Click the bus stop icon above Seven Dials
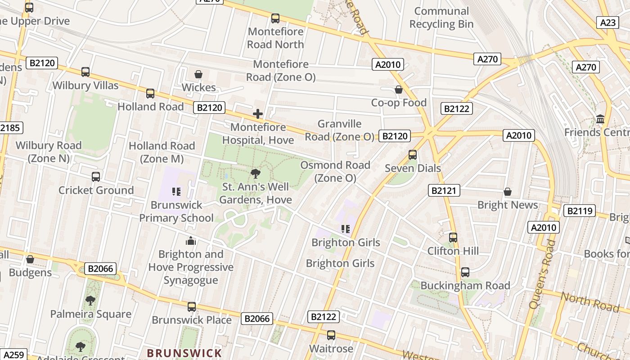(x=413, y=155)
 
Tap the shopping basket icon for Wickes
(x=198, y=74)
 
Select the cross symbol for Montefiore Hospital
(x=258, y=114)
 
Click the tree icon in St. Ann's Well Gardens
(x=256, y=173)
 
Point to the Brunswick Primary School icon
(x=176, y=192)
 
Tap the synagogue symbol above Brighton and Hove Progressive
(x=191, y=241)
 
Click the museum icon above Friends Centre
(x=600, y=119)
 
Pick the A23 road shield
(x=607, y=22)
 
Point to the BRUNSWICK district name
(x=184, y=353)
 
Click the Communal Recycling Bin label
(x=441, y=18)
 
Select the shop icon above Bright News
(x=508, y=192)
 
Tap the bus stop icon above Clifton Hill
(x=453, y=238)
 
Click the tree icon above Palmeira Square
(x=90, y=300)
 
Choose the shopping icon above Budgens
(x=30, y=259)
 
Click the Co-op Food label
(x=399, y=103)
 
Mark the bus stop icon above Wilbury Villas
(x=85, y=72)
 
